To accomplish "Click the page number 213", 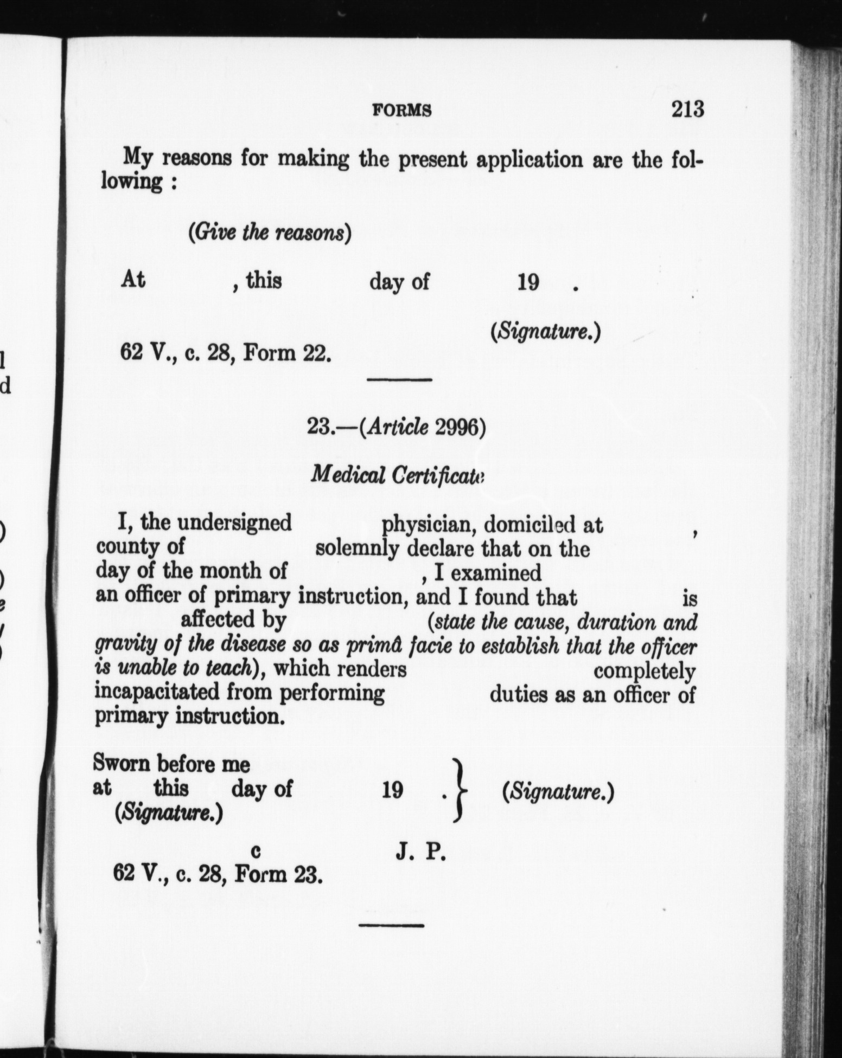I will coord(687,109).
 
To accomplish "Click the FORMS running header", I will coord(403,111).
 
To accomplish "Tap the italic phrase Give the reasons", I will coord(270,233).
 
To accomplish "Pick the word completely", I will coord(645,671).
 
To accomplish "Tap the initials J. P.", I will coord(420,853).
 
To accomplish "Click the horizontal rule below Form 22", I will coord(399,380).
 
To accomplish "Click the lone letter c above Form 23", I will coord(257,852).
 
